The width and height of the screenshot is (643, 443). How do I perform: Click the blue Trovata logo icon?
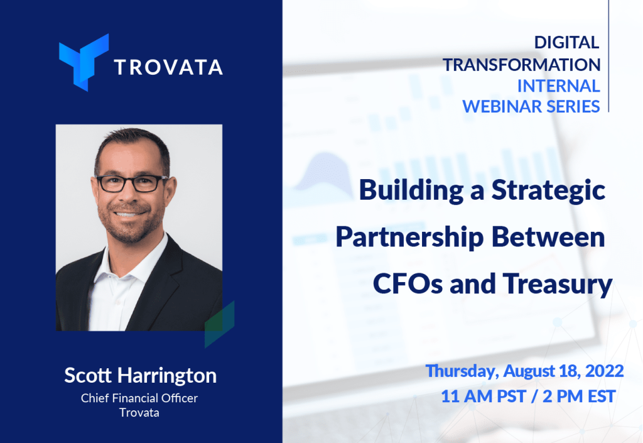tap(84, 62)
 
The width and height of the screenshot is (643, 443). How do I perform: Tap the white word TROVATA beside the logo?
tap(168, 67)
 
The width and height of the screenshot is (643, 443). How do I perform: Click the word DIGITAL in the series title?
tap(566, 43)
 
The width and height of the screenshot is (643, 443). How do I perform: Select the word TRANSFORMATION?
tap(521, 65)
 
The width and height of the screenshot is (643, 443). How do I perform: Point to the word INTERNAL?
tap(558, 86)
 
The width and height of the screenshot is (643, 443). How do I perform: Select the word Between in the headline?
tap(548, 237)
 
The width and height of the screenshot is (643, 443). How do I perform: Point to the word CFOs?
tap(408, 284)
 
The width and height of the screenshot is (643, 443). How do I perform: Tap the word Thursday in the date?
tap(462, 371)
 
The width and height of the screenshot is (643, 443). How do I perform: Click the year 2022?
tap(605, 371)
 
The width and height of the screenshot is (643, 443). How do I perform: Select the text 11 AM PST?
tap(484, 397)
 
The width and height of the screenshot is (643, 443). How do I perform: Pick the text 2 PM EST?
tap(579, 397)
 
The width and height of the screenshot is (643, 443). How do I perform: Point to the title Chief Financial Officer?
tap(139, 398)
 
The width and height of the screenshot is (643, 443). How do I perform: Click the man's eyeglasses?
tap(132, 183)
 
